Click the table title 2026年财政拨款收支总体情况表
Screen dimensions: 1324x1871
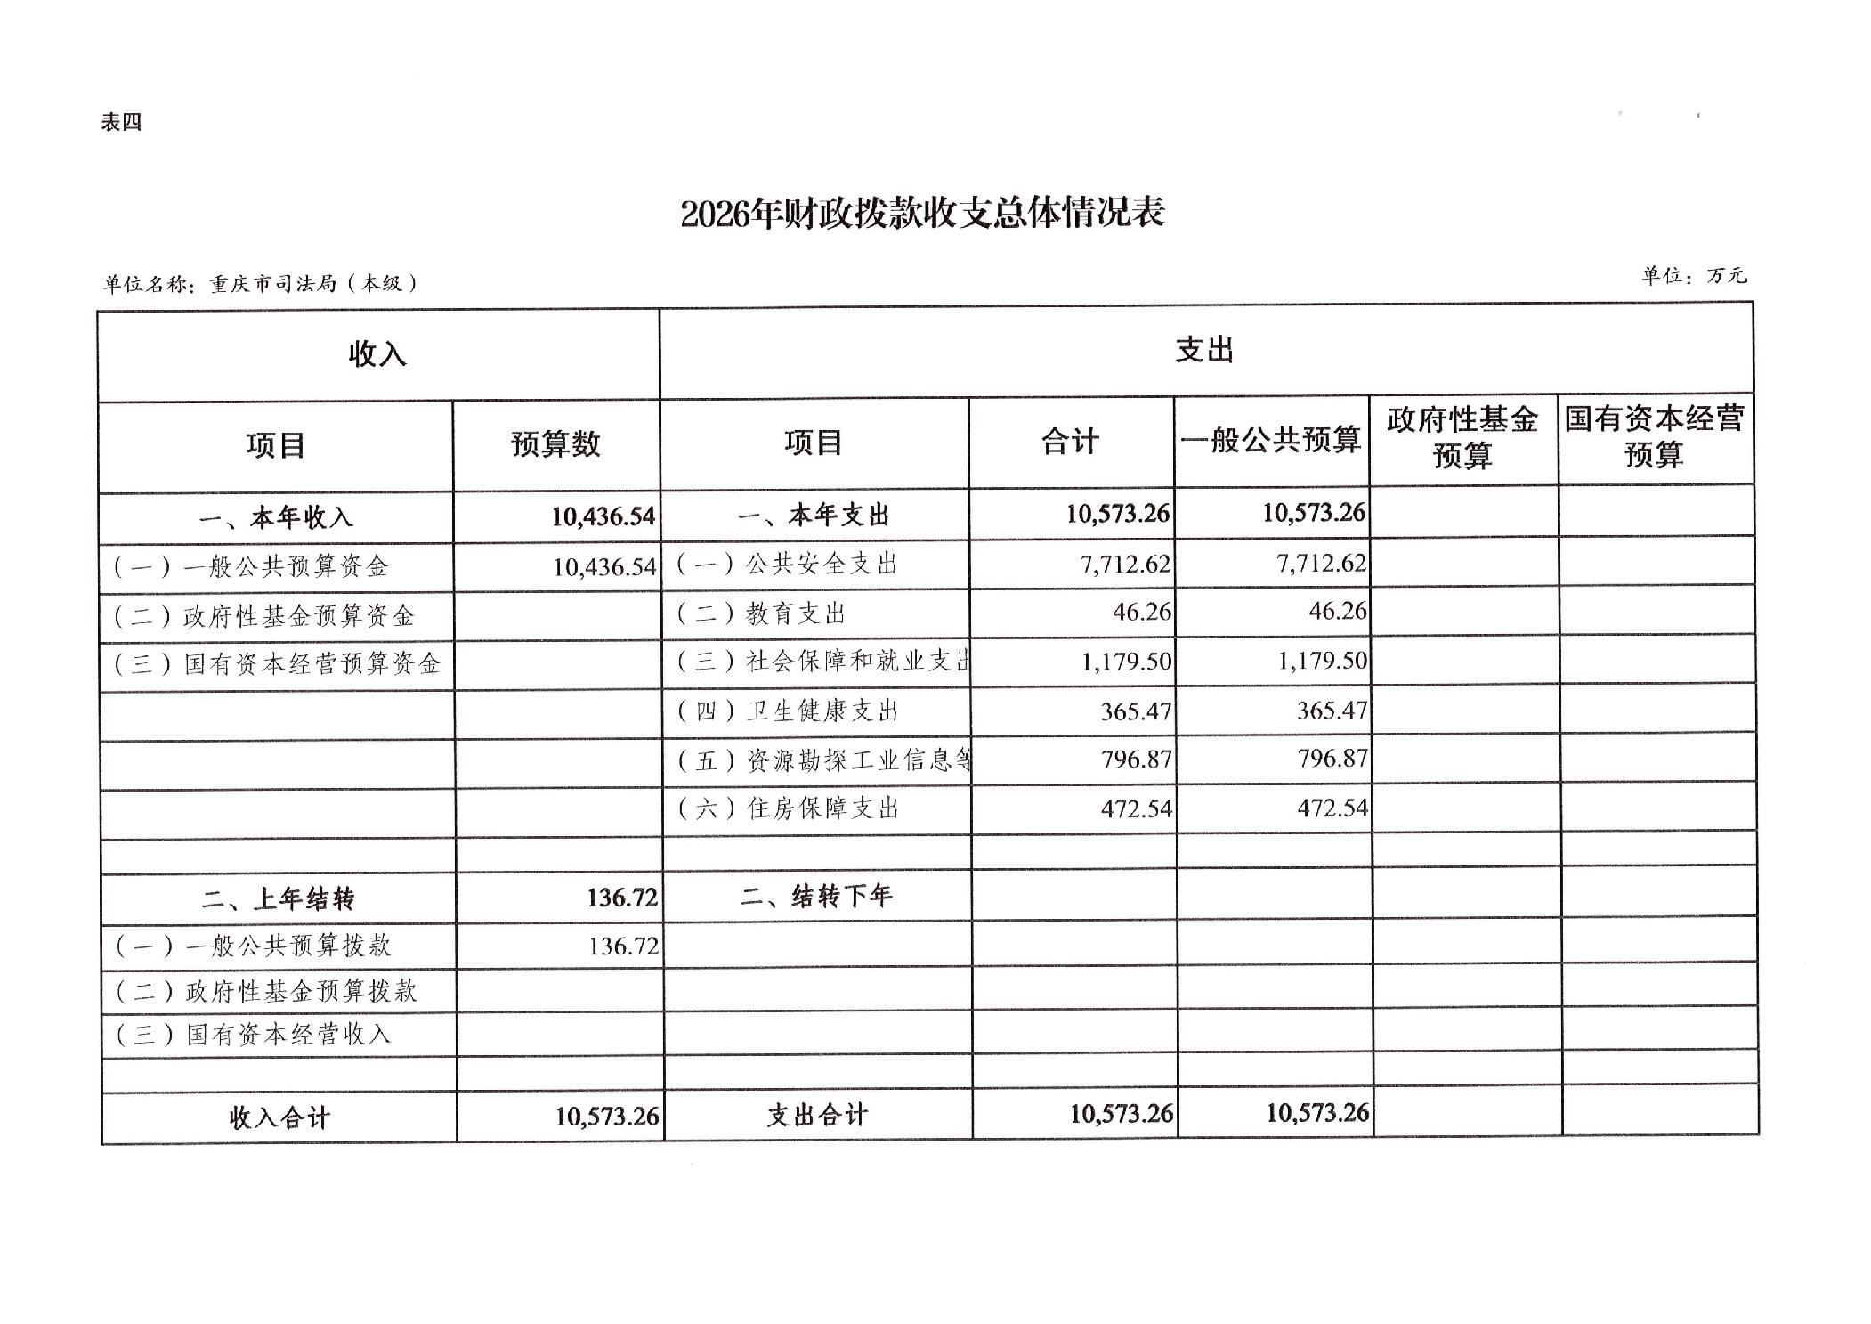(x=922, y=214)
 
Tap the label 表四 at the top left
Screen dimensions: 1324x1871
(x=121, y=122)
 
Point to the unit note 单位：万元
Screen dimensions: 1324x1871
(x=1693, y=276)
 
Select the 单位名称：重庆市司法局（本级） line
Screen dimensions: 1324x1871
(x=260, y=283)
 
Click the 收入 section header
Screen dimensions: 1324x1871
(x=377, y=354)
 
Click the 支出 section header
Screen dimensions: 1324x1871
(x=1204, y=350)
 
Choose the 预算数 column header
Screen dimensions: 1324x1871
(x=555, y=443)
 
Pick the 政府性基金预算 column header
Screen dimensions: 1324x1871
(x=1462, y=437)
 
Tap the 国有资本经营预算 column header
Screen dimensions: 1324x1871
(x=1654, y=437)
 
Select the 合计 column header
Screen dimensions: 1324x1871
(x=1070, y=441)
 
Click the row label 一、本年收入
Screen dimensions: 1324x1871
(x=276, y=517)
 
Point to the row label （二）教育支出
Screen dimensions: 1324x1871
(x=760, y=613)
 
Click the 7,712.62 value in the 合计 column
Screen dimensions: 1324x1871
(x=1125, y=564)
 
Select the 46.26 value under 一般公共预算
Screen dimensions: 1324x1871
(x=1337, y=611)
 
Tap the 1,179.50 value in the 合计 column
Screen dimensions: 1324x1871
(x=1126, y=661)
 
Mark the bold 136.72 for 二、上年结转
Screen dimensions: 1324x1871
(x=621, y=897)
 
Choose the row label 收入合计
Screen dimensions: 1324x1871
(x=279, y=1117)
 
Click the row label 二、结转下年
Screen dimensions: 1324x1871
(x=815, y=896)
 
